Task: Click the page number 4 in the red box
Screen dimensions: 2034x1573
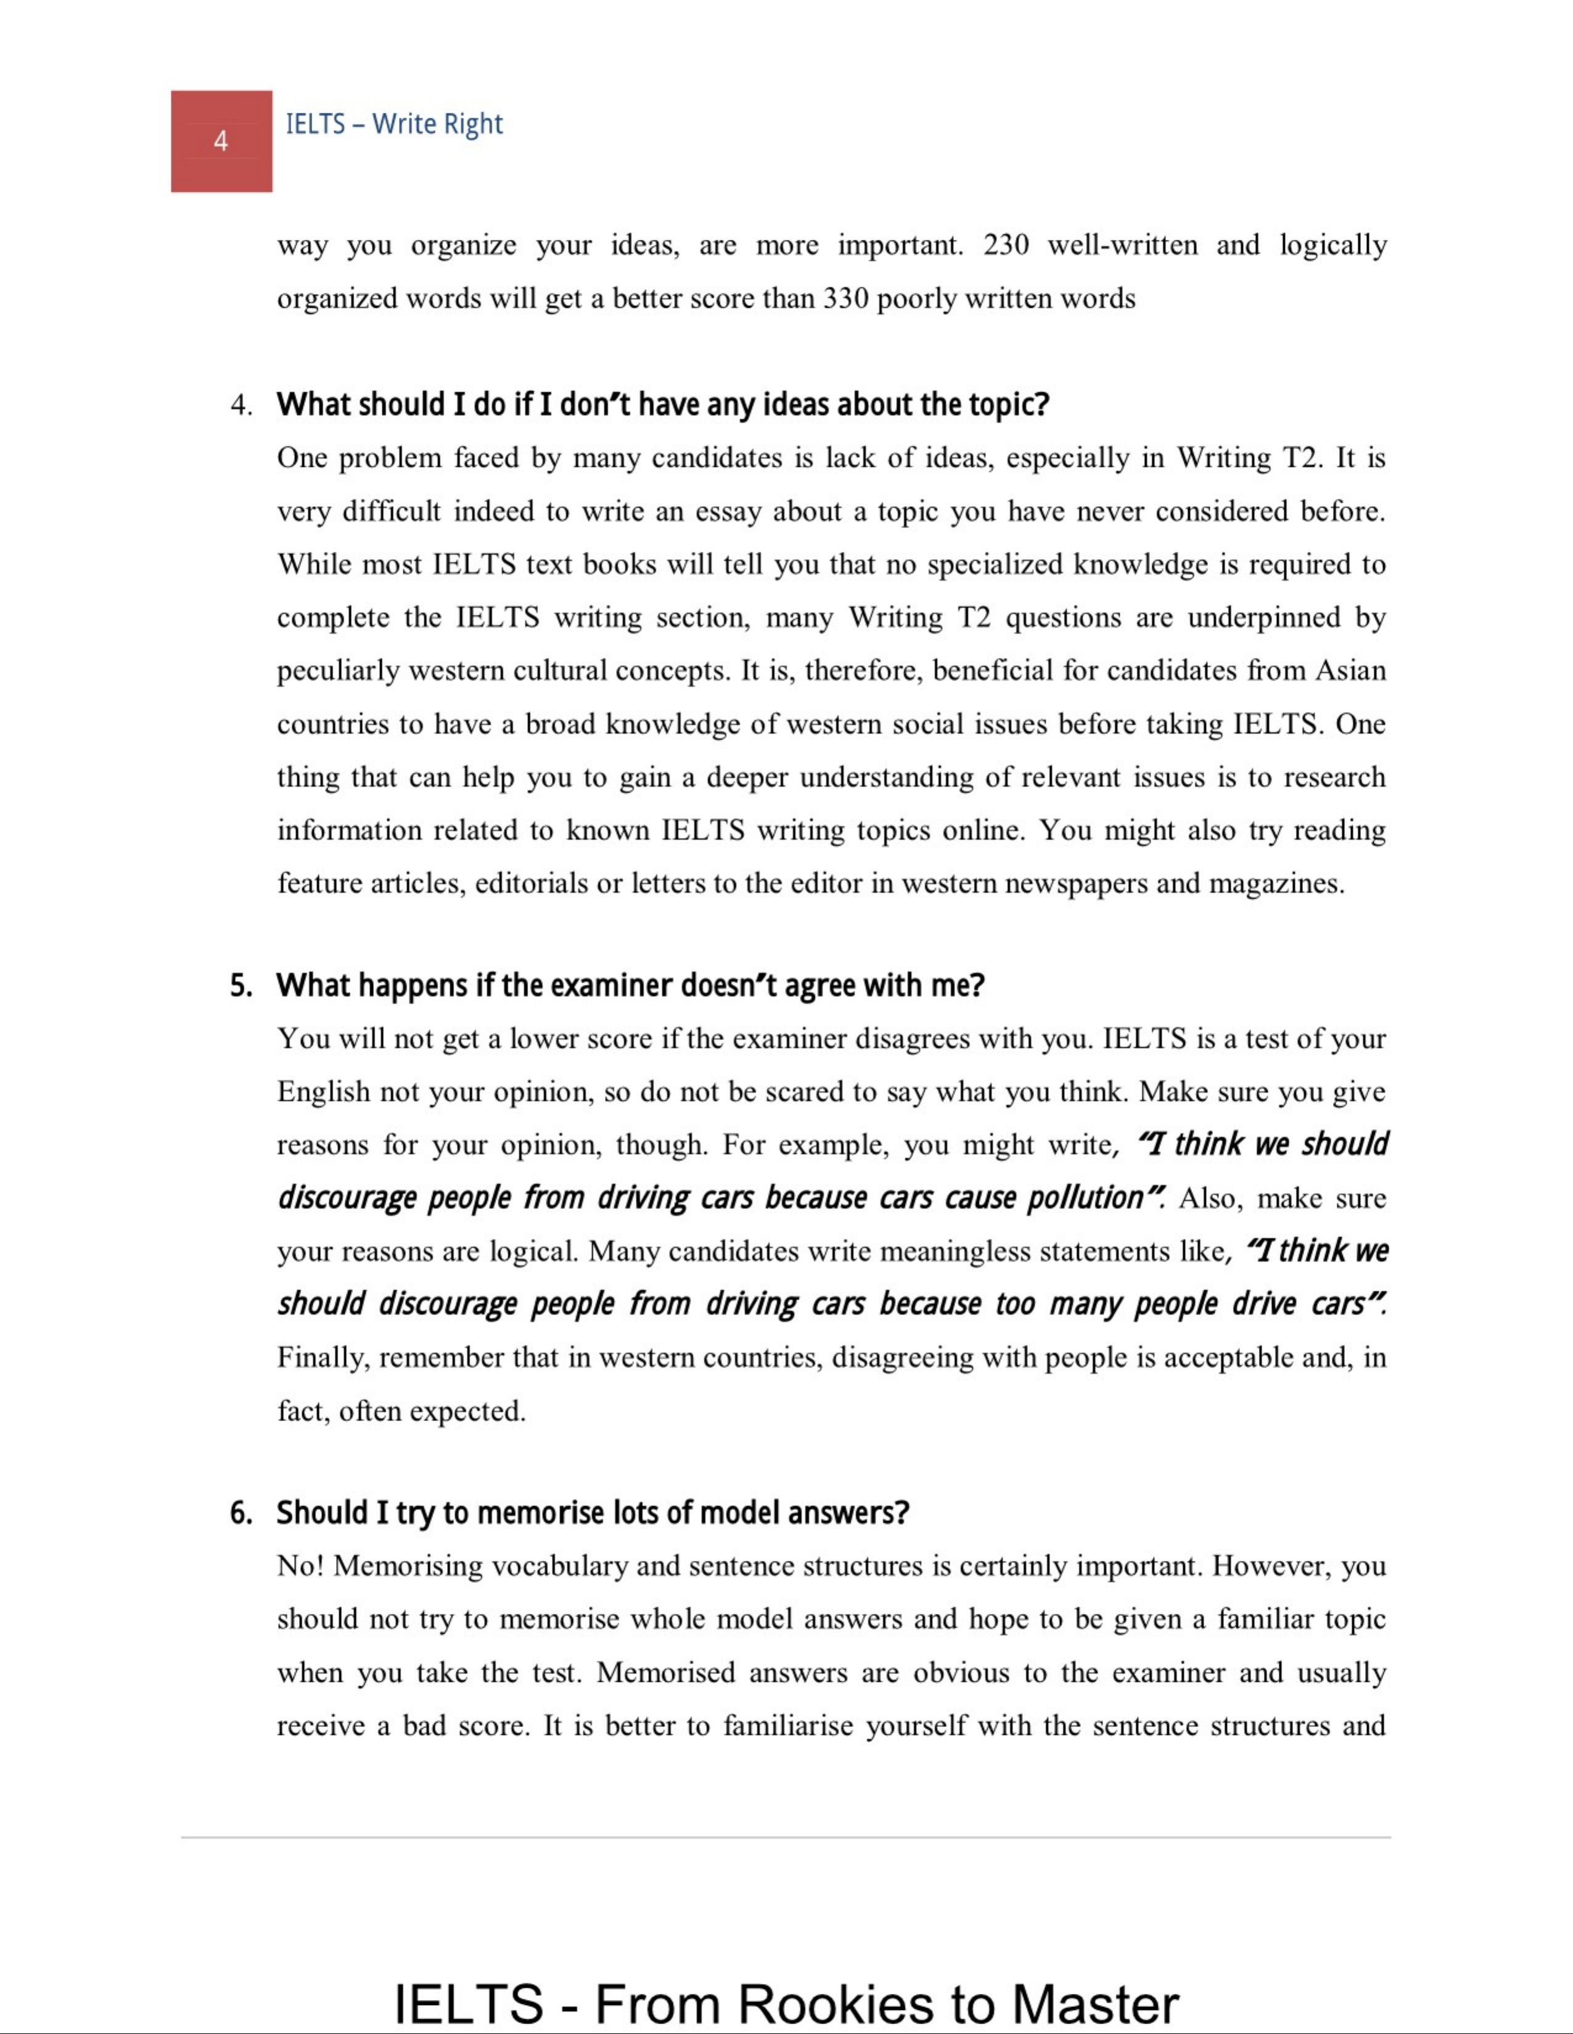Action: [x=221, y=142]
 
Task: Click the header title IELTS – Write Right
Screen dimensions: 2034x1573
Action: [x=394, y=124]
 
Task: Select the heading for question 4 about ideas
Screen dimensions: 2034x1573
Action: [x=662, y=405]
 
